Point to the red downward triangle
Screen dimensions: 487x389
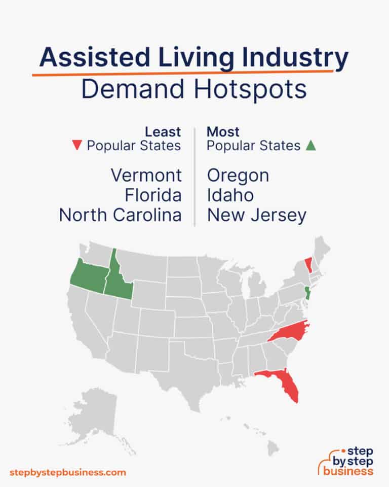point(77,146)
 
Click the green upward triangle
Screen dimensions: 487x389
point(311,146)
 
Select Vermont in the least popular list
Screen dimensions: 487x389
point(146,176)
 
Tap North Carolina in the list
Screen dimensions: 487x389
point(120,215)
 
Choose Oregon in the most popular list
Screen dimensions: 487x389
point(238,176)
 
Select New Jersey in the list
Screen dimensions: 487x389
point(257,215)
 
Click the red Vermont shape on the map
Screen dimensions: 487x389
point(308,265)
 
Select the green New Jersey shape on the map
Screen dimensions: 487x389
point(306,293)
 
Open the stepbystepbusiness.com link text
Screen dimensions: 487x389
point(67,472)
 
